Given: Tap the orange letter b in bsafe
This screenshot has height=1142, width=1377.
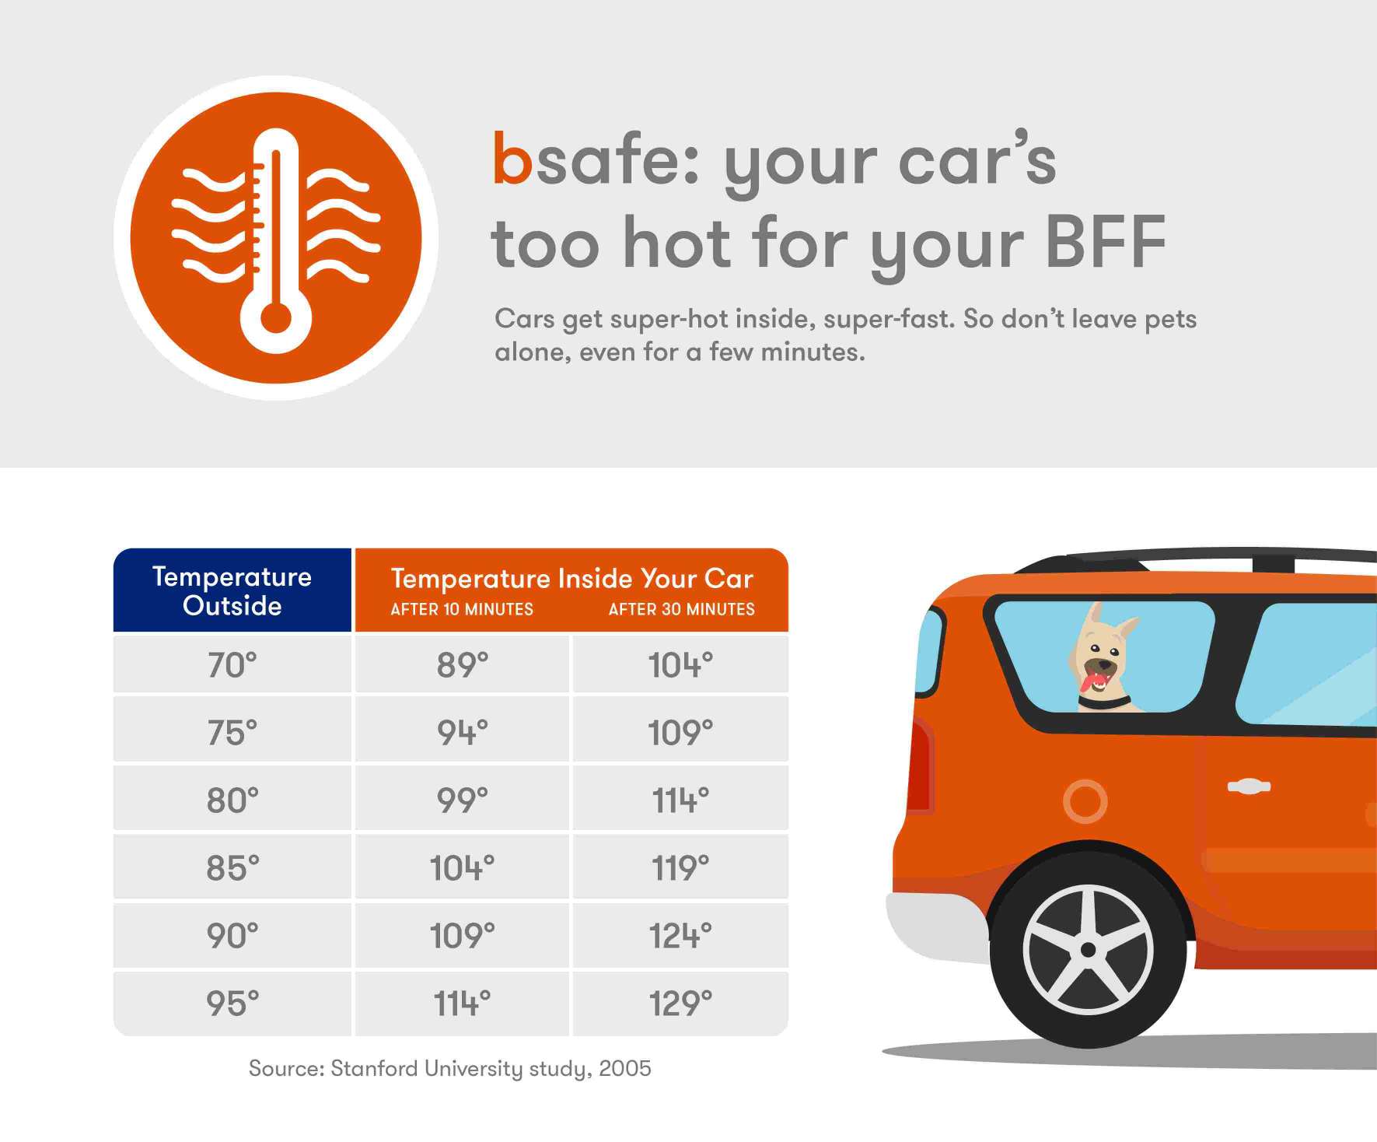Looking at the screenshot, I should coord(512,159).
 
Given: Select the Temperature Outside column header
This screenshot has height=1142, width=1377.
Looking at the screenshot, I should coord(232,590).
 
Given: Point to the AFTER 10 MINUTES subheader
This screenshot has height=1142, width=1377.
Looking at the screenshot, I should coord(462,610).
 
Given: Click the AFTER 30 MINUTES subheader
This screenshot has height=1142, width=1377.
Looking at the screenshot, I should coord(681,610).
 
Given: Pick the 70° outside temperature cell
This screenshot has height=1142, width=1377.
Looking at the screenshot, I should coord(232,665).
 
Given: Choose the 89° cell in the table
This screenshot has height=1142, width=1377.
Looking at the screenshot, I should coord(462,665).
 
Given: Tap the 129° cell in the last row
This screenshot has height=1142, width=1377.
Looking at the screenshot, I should coord(680,1004).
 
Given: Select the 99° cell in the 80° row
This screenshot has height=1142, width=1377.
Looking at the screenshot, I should coord(462,800).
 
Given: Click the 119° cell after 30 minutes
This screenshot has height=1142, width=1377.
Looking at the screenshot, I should coord(680,867).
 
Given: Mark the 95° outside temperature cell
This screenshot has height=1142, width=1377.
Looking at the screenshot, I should coord(232,1004).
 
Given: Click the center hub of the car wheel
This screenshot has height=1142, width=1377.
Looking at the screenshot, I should coord(1088,949).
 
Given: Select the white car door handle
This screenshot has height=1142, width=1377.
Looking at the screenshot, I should coord(1249,786).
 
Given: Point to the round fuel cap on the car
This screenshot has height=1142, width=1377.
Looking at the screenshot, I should coord(1085,800).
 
